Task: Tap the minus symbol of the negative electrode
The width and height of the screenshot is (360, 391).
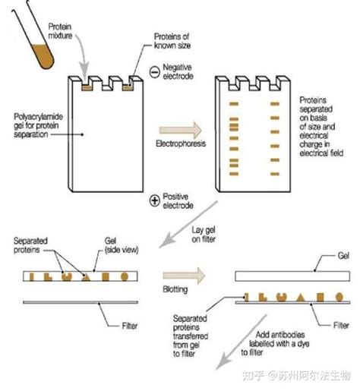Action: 154,72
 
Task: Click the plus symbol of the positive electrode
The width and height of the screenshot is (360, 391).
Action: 154,200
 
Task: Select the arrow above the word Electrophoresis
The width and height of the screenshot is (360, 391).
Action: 180,131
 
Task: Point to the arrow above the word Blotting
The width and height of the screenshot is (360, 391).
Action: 184,276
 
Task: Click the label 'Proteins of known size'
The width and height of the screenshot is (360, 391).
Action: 172,41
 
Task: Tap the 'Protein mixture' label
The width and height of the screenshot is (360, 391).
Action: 60,31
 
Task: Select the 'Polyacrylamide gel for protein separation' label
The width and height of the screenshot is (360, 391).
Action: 38,125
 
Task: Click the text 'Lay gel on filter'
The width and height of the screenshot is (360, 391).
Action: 204,235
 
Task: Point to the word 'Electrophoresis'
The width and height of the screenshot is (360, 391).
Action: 181,143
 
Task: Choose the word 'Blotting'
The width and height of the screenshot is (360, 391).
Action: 175,289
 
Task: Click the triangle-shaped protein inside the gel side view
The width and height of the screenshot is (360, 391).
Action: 86,277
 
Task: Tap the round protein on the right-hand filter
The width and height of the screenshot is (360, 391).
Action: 339,297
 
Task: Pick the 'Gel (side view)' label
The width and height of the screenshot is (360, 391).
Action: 122,245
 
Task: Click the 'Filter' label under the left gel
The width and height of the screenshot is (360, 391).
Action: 130,326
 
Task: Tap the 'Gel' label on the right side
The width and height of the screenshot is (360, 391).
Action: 343,256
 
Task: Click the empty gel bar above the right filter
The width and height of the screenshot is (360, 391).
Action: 292,276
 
